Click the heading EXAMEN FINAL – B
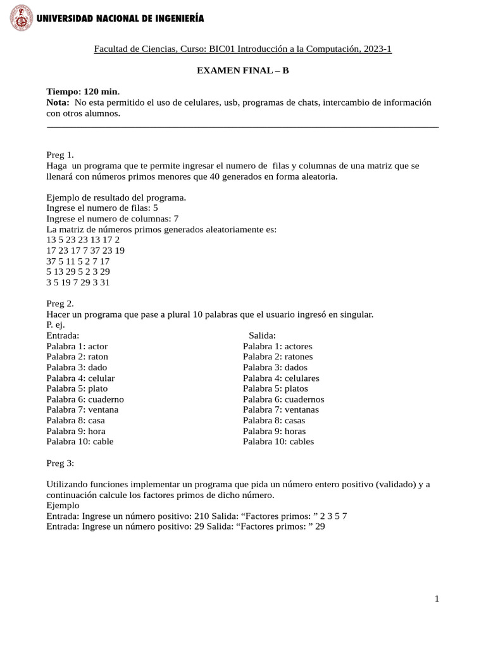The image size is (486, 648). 243,70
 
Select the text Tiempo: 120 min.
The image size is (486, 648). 83,92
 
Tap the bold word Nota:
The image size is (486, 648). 59,102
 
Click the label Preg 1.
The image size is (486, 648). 60,154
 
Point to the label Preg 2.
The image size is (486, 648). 60,303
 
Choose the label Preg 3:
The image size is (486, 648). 61,463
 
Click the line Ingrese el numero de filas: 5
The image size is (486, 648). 102,208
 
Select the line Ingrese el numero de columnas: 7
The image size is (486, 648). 113,218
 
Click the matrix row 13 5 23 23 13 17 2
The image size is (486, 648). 83,240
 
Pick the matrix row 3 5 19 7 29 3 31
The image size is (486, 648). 78,283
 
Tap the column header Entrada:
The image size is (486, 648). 63,335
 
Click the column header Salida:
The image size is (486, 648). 262,335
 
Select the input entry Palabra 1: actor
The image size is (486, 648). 77,346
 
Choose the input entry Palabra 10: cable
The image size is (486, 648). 80,442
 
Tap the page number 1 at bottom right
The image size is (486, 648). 437,600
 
